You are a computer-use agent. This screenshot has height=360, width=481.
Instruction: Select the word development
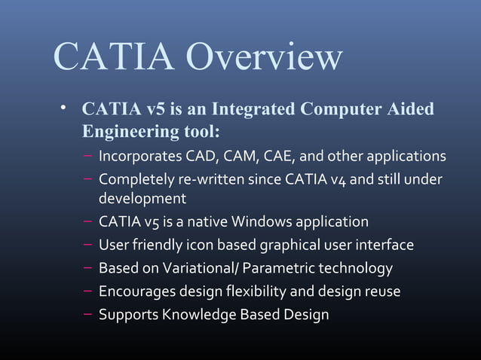[x=142, y=200]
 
